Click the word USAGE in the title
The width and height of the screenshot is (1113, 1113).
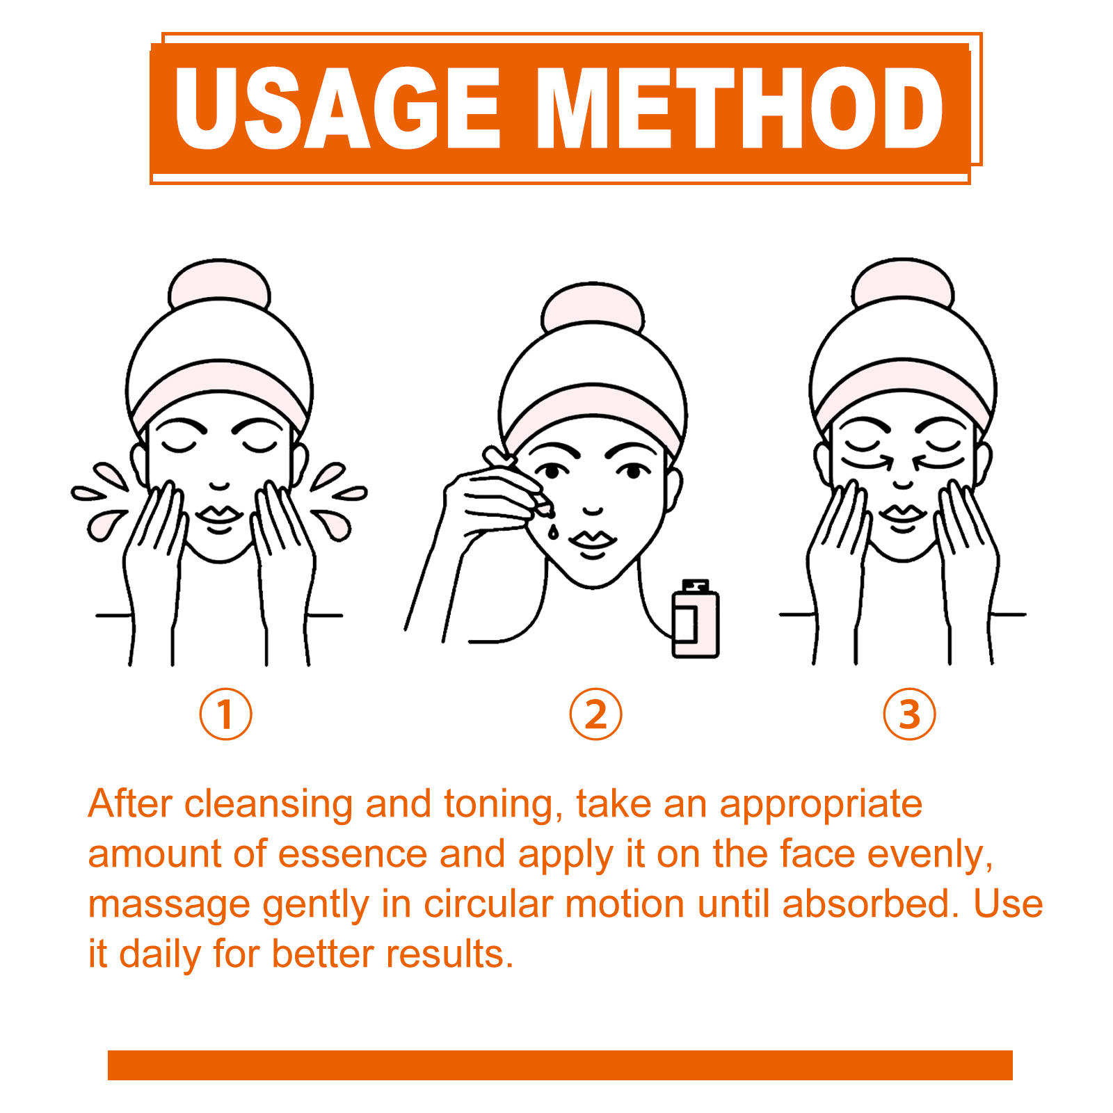(338, 109)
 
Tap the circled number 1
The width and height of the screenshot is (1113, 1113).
(225, 714)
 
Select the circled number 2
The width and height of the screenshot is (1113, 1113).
(595, 714)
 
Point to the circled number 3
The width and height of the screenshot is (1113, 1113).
(909, 714)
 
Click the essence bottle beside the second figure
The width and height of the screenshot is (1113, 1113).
(695, 618)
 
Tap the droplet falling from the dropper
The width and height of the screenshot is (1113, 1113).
(552, 532)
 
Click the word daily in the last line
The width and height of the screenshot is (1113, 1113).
(160, 955)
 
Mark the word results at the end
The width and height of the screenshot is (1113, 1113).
(449, 954)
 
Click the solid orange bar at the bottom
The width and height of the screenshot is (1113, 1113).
(560, 1065)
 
